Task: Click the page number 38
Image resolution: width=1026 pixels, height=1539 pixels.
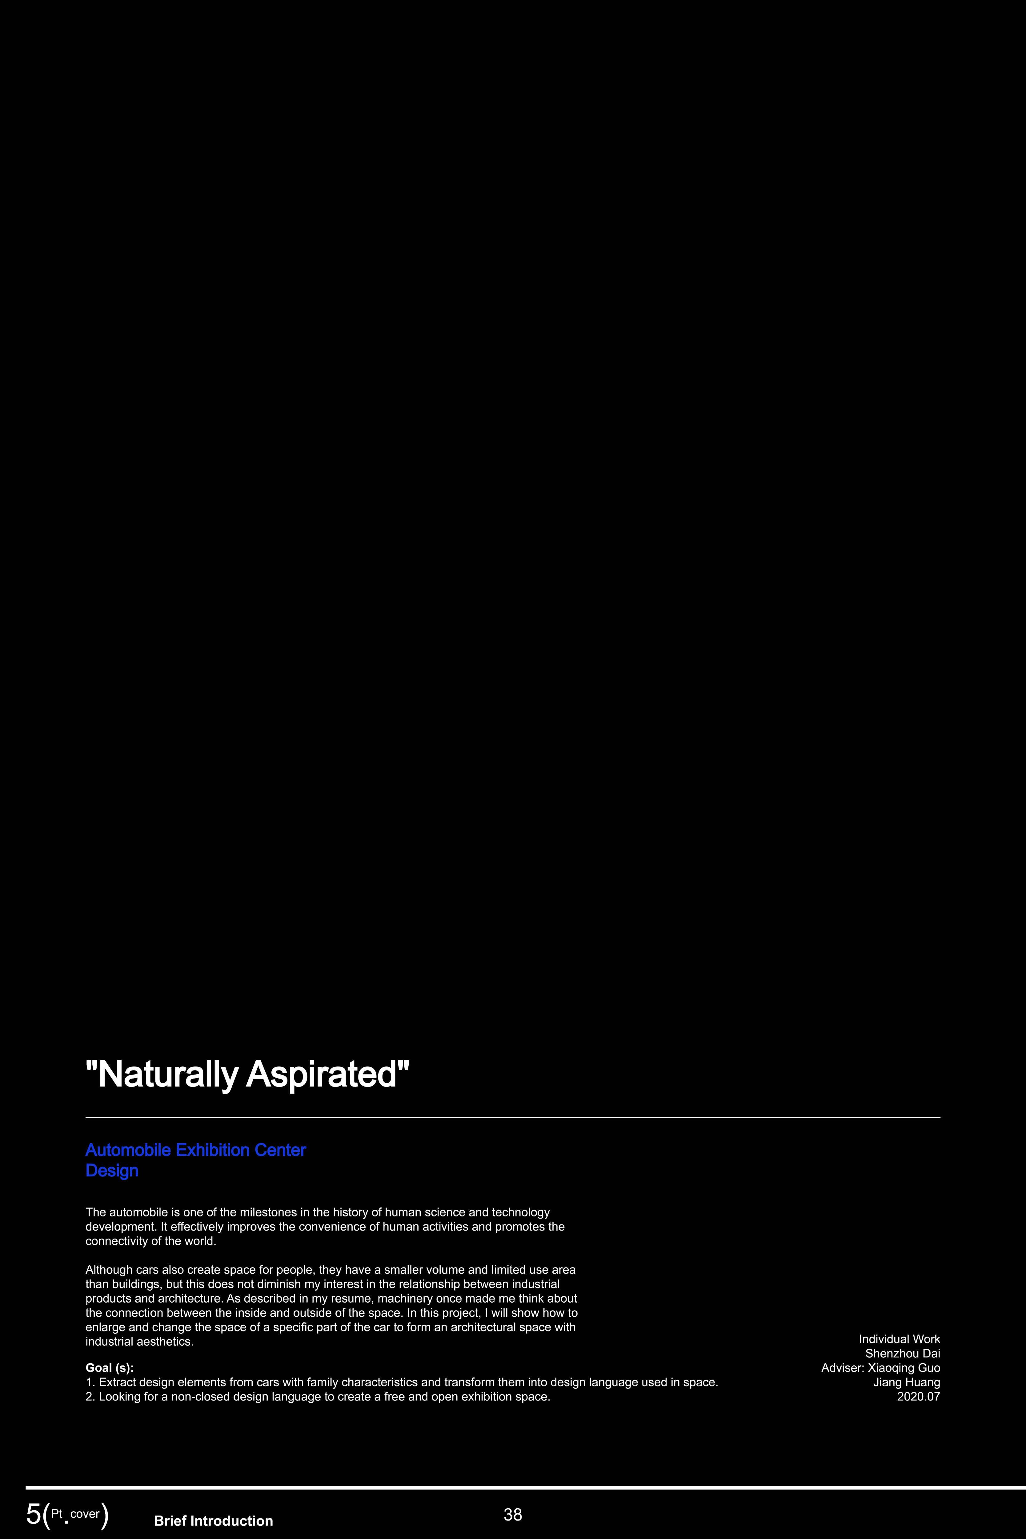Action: click(513, 1514)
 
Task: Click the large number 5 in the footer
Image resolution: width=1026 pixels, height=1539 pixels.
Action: click(33, 1514)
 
